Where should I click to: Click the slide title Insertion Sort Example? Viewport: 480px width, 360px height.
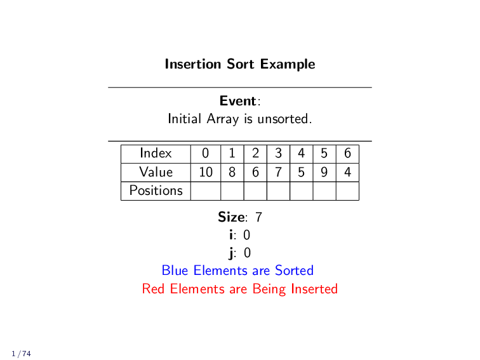click(239, 64)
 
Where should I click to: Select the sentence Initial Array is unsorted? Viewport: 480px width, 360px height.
click(239, 119)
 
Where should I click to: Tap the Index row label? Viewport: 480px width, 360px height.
click(156, 154)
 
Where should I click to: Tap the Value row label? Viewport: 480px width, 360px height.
click(156, 172)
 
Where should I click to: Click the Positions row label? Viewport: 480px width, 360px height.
click(156, 190)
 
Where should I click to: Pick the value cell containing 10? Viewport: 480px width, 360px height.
click(206, 172)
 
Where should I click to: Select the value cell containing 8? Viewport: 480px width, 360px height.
click(232, 172)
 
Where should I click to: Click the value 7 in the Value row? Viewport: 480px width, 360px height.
click(278, 172)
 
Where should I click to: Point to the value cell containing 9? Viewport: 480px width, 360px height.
click(324, 172)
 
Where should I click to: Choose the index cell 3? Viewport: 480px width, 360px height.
click(278, 154)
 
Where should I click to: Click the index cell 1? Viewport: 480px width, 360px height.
click(232, 154)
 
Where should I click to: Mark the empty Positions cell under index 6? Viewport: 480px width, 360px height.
click(347, 190)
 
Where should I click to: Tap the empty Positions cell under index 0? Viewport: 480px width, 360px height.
click(206, 190)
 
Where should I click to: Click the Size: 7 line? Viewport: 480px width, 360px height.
click(239, 217)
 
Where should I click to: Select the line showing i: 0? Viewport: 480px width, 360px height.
click(239, 236)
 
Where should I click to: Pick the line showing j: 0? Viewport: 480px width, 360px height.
click(239, 253)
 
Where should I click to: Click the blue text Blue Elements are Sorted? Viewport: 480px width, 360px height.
click(237, 271)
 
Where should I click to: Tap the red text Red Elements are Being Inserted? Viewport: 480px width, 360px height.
click(239, 290)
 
